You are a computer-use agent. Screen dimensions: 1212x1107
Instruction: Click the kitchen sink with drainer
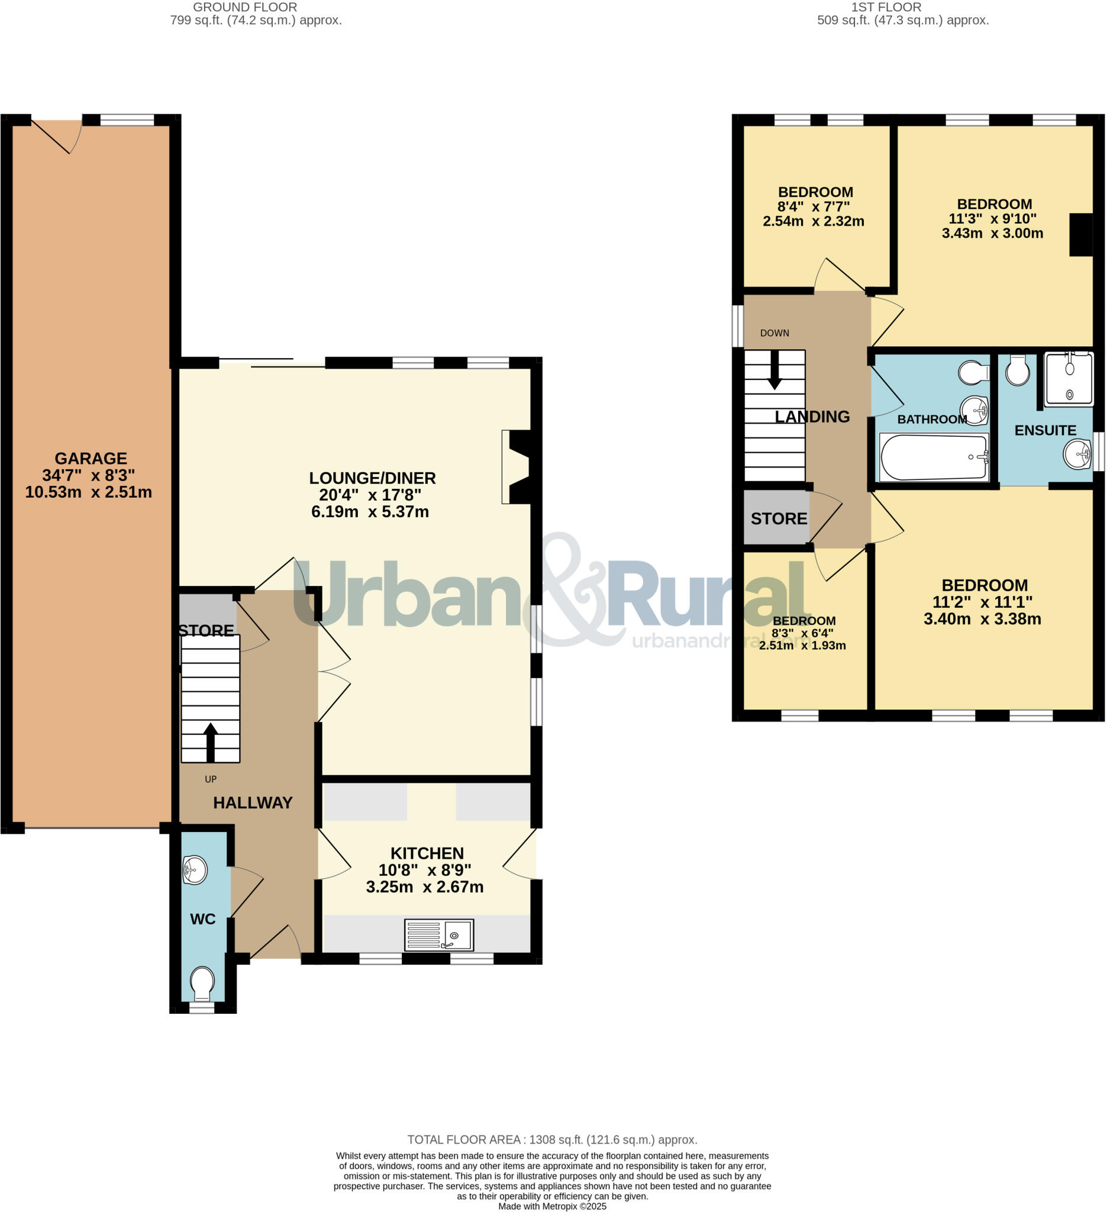pyautogui.click(x=438, y=934)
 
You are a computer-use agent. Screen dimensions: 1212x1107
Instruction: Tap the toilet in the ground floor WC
pyautogui.click(x=202, y=982)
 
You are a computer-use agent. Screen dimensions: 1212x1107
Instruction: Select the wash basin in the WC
pyautogui.click(x=195, y=870)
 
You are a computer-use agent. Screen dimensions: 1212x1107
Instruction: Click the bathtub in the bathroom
pyautogui.click(x=933, y=457)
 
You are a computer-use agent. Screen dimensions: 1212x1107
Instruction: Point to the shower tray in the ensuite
pyautogui.click(x=1069, y=379)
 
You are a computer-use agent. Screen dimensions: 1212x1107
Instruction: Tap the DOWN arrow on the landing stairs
pyautogui.click(x=774, y=369)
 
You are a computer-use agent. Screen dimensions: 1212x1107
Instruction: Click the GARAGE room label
pyautogui.click(x=91, y=459)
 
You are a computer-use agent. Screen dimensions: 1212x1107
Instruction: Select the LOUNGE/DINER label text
pyautogui.click(x=372, y=478)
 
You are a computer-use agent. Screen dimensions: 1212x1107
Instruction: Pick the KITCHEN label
pyautogui.click(x=427, y=853)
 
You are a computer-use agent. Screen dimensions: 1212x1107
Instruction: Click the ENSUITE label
pyautogui.click(x=1045, y=430)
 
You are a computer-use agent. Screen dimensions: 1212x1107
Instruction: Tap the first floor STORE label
pyautogui.click(x=778, y=518)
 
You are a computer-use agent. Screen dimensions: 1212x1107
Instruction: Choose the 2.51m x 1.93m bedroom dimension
pyautogui.click(x=802, y=646)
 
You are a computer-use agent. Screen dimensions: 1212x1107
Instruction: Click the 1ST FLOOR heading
pyautogui.click(x=886, y=7)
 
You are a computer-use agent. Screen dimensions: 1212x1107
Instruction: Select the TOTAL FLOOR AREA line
pyautogui.click(x=552, y=1140)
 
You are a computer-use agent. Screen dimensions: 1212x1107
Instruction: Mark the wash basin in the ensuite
pyautogui.click(x=1077, y=454)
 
